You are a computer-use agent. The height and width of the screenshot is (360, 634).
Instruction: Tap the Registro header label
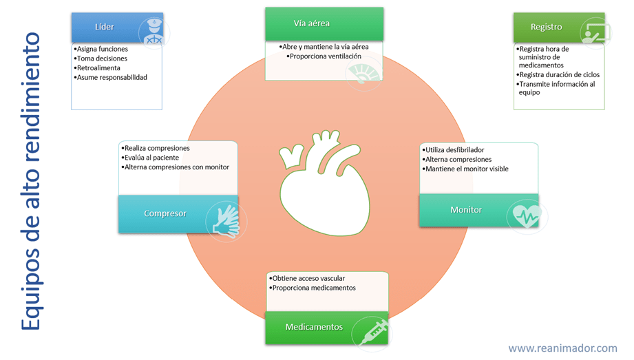click(546, 27)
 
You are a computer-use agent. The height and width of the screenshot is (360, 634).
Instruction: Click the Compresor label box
click(165, 213)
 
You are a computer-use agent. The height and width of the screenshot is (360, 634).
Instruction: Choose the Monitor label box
click(466, 209)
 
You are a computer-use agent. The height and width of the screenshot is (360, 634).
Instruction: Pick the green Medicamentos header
click(314, 327)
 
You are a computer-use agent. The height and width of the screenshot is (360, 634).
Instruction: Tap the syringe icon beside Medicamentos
click(372, 332)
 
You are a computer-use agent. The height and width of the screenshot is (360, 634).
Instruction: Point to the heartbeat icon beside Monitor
click(527, 215)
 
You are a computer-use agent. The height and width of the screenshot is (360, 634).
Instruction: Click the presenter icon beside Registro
click(594, 32)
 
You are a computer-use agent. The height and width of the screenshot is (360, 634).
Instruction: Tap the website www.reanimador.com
click(562, 348)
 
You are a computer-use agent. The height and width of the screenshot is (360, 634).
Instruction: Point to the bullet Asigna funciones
click(103, 50)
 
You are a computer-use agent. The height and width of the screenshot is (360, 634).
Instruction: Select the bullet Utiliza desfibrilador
click(454, 150)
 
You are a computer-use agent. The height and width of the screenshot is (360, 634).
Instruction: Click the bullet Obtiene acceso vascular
click(308, 279)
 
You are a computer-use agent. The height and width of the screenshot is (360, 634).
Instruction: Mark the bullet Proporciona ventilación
click(324, 56)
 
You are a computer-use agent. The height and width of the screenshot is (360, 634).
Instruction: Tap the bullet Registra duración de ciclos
click(559, 75)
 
